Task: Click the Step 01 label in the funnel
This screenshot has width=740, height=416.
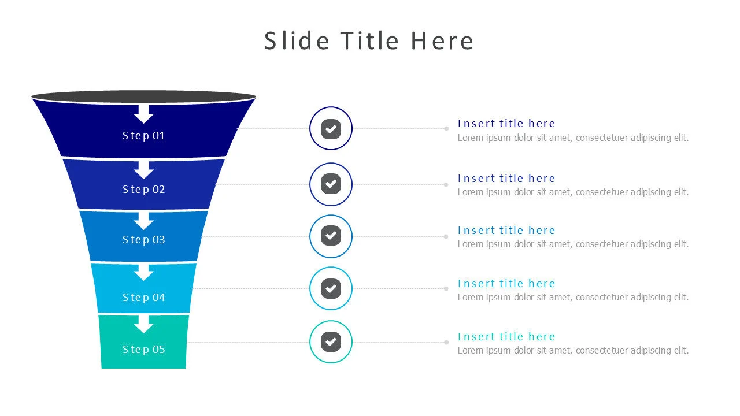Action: tap(144, 136)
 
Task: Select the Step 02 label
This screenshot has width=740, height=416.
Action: tap(144, 190)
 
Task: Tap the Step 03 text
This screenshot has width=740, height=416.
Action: tap(144, 240)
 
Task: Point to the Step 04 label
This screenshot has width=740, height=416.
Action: tap(144, 298)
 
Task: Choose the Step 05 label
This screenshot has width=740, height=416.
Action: tap(144, 350)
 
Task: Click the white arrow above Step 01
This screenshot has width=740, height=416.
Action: tap(144, 114)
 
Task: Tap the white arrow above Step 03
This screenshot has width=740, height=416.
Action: tap(144, 221)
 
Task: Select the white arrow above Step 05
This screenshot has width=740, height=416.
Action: tap(144, 325)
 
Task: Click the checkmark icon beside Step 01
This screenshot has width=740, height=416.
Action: tap(331, 129)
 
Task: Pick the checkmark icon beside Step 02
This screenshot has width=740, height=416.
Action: tap(331, 184)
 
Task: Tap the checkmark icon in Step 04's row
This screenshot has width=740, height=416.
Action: tap(331, 288)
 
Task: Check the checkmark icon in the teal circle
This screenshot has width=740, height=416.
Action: tap(331, 341)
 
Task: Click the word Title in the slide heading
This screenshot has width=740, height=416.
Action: tap(369, 41)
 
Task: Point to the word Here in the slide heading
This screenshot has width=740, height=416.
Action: tap(442, 41)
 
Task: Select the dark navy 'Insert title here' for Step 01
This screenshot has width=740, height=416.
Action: tap(506, 124)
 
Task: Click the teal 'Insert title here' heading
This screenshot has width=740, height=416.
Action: tap(506, 337)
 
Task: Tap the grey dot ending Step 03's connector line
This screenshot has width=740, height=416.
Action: tap(446, 237)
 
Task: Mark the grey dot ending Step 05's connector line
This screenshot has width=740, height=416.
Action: tap(446, 343)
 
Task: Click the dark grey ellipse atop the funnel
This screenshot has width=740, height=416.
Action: tap(144, 96)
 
